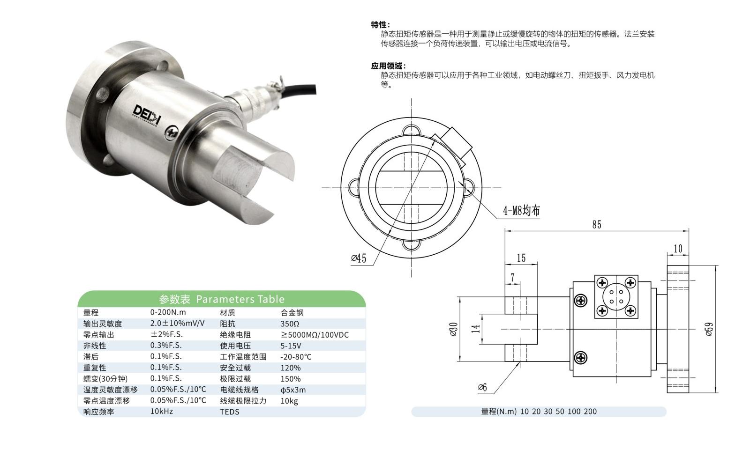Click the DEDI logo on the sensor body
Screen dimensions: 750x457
(x=147, y=114)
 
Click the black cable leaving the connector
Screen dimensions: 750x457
(x=299, y=90)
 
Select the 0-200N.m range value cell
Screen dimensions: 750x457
(x=168, y=312)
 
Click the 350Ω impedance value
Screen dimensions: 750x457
(x=290, y=324)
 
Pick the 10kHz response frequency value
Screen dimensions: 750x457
(x=161, y=411)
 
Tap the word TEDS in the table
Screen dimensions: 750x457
(x=229, y=412)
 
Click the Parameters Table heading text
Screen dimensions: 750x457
(x=240, y=299)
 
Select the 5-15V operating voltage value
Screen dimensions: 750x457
(x=291, y=346)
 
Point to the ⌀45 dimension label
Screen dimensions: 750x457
(x=359, y=258)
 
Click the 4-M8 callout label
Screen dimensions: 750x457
(x=521, y=210)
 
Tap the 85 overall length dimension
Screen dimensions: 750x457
(x=597, y=224)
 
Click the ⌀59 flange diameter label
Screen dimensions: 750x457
(x=709, y=329)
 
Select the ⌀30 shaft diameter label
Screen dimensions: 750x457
(x=453, y=329)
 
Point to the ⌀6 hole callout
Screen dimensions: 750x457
(x=482, y=387)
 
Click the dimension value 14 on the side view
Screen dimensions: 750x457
(x=475, y=329)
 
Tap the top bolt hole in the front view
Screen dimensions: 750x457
(x=411, y=130)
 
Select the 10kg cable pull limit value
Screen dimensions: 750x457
(x=289, y=401)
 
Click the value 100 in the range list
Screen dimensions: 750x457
(x=574, y=412)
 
